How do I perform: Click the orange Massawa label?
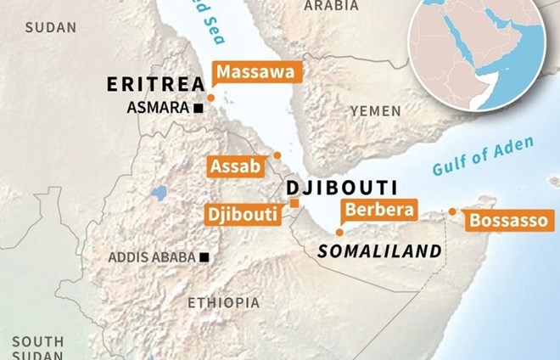pos(255,73)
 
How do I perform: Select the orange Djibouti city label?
pos(242,214)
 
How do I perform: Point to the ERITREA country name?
pos(155,84)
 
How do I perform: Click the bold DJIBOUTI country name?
pos(330,188)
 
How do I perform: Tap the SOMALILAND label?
pos(379,251)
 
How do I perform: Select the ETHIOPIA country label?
pos(224,302)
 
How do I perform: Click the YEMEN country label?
pos(375,110)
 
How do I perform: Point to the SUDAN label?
pos(51,28)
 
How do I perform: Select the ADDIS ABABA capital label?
pos(151,257)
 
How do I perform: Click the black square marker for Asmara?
pos(199,108)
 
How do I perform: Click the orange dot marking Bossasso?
pos(452,211)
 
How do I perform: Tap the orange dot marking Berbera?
pos(339,232)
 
